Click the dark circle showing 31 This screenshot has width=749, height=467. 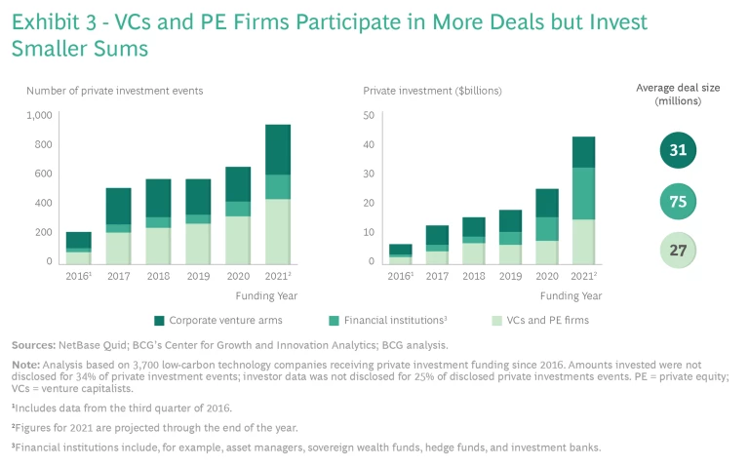pos(676,150)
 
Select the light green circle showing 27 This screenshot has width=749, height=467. pos(676,250)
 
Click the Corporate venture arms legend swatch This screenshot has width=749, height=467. pos(158,320)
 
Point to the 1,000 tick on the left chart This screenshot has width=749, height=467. pos(39,115)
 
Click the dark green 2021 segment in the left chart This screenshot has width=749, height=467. pos(278,149)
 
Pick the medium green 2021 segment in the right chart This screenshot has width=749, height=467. pos(583,193)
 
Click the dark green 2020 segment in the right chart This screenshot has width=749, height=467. pos(547,203)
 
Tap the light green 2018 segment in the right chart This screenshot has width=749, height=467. pos(474,253)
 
